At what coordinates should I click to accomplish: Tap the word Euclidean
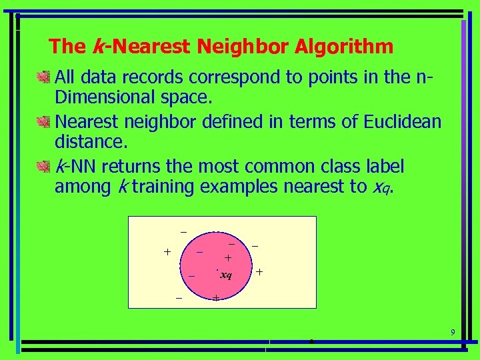pos(403,121)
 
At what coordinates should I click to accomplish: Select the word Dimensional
pos(107,98)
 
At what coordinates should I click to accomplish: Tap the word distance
pos(84,142)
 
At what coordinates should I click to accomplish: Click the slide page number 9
pos(453,333)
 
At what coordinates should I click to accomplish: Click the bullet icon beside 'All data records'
pos(45,78)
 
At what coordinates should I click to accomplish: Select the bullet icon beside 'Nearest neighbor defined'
pos(45,122)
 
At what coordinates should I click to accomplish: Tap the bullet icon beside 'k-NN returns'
pos(45,166)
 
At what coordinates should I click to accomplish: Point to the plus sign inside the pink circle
pos(228,258)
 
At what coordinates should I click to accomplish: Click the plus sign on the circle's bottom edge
pos(216,298)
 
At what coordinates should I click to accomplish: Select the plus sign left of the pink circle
pos(167,252)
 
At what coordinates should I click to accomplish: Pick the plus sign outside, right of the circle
pos(259,273)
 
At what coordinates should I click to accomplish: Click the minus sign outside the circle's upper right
pos(254,246)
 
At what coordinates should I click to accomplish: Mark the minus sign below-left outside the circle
pos(179,297)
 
